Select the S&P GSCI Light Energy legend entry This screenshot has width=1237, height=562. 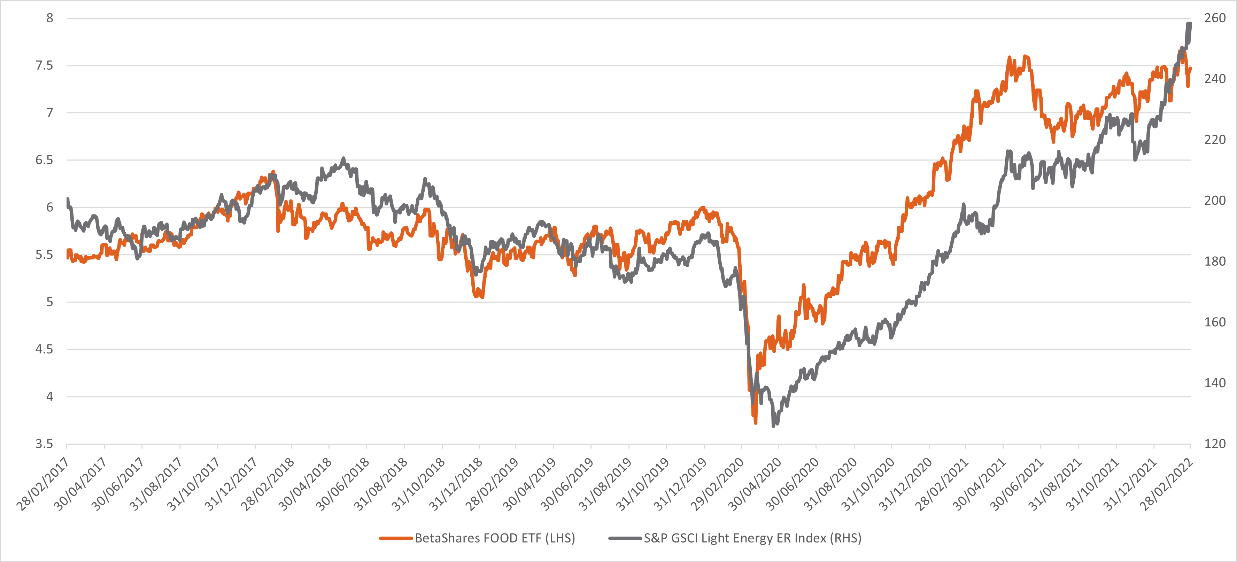tap(752, 538)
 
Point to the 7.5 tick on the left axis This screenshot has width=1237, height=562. tap(44, 65)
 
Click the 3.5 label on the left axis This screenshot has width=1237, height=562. tap(44, 444)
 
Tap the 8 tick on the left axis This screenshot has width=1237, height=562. tap(49, 18)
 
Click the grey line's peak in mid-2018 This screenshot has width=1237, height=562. tap(343, 158)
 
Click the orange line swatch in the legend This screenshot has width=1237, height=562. tap(396, 538)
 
